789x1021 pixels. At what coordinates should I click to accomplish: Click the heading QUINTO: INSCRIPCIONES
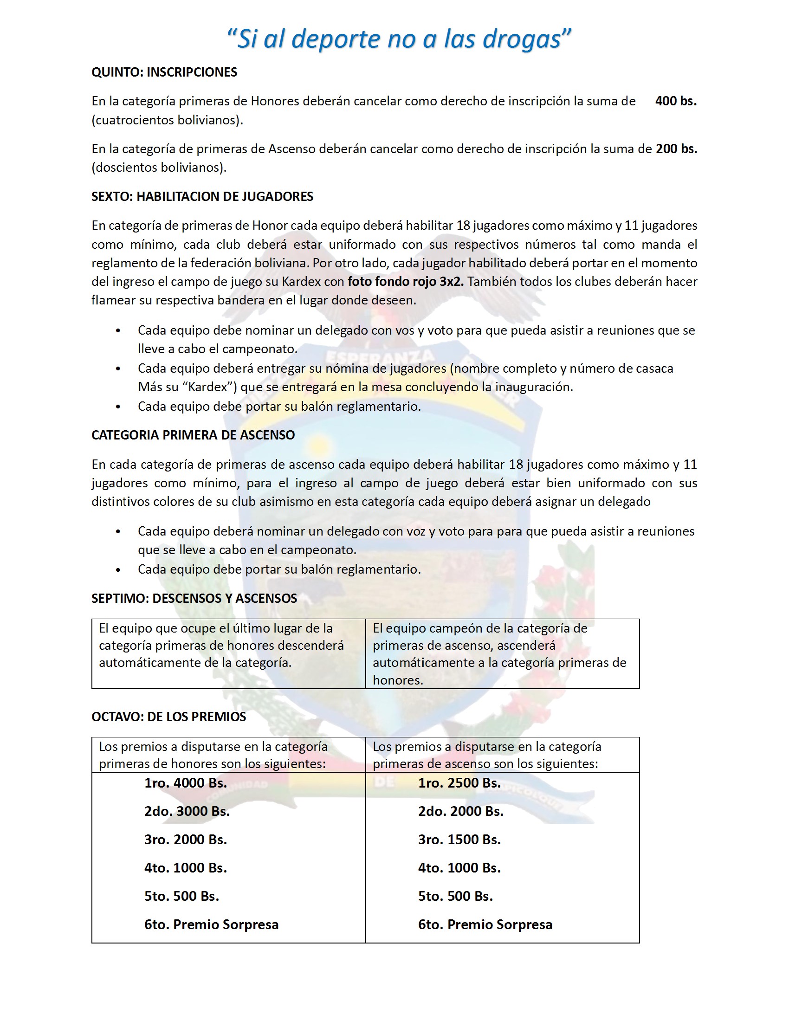point(164,72)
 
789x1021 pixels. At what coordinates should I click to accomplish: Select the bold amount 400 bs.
point(675,101)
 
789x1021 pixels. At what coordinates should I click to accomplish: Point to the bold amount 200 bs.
point(676,149)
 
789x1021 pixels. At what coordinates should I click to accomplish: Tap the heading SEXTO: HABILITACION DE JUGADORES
point(202,196)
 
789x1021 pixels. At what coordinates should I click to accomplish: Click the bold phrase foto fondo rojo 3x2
point(405,281)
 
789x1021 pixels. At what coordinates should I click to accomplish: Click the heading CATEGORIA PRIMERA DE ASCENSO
point(193,435)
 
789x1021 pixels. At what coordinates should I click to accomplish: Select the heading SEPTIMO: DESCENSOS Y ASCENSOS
point(194,598)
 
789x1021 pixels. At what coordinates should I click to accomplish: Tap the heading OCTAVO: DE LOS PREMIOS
point(168,717)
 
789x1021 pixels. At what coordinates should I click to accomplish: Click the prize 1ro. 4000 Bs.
point(185,783)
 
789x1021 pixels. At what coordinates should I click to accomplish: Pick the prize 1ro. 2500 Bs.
point(459,783)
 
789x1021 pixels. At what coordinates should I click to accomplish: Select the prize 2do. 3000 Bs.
point(187,811)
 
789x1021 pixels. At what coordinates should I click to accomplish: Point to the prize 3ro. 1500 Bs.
point(459,840)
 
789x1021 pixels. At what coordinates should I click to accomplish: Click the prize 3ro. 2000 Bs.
point(185,840)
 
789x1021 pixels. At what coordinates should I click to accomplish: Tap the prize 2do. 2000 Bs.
point(460,811)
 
